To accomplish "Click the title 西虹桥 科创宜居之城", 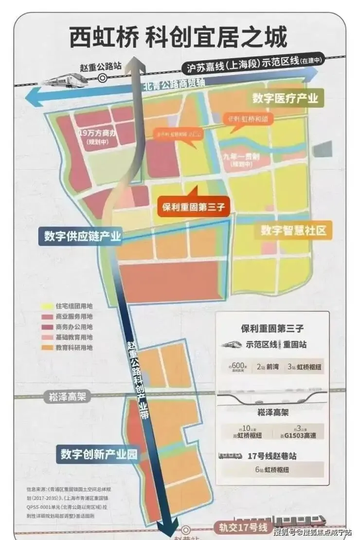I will pos(179,37).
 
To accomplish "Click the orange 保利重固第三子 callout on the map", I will pos(193,206).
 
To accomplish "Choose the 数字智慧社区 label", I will pos(293,231).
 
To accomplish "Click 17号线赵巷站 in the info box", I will pos(271,456).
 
